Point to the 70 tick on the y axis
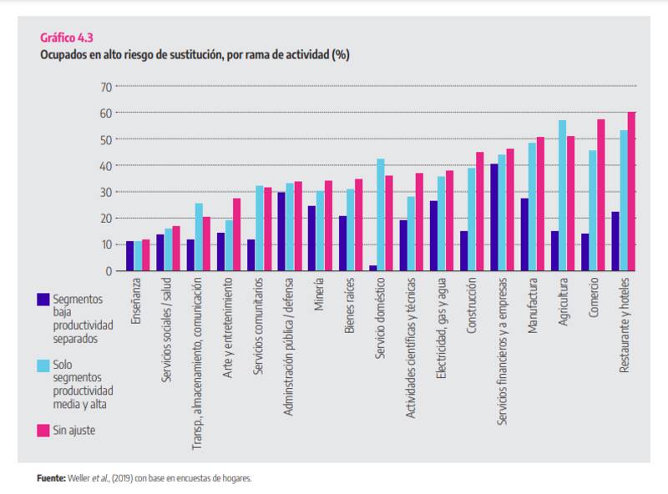105,87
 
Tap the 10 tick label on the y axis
105,244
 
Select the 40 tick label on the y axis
105,165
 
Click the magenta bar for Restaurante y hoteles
632,192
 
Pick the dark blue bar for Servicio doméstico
372,268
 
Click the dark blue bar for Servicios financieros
494,217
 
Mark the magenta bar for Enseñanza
146,255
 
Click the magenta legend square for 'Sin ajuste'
43,430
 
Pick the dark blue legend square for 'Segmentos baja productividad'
43,298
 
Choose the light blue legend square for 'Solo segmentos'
43,364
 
